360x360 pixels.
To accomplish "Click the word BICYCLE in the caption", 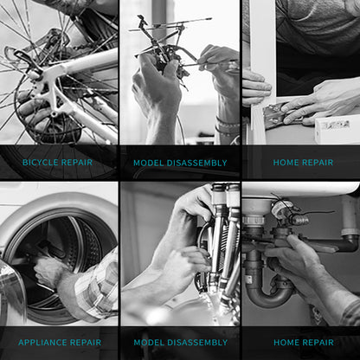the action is point(40,162).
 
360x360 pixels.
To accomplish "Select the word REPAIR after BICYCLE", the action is point(77,162).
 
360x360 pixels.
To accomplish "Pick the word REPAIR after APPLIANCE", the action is point(86,343).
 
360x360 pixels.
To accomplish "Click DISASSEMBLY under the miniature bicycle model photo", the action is point(197,163).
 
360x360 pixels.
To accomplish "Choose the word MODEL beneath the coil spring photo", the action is point(149,343).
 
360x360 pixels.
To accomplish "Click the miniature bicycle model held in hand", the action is point(164,49).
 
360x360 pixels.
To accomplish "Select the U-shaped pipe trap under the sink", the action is point(270,297).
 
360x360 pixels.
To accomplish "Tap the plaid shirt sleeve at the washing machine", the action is point(97,286).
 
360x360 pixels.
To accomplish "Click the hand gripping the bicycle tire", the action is point(36,112).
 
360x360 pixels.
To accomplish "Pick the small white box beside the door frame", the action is point(337,128).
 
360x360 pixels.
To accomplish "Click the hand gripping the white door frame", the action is point(256,87).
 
